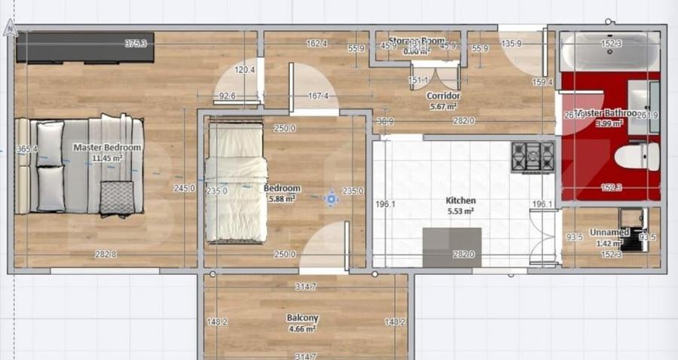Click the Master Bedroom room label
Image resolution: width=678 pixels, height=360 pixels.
pyautogui.click(x=106, y=148)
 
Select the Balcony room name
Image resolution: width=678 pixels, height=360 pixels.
pyautogui.click(x=301, y=318)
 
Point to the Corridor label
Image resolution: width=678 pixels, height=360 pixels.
pyautogui.click(x=443, y=96)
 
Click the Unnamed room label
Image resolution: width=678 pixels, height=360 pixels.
pyautogui.click(x=609, y=232)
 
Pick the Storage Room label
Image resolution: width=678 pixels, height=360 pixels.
pyautogui.click(x=417, y=41)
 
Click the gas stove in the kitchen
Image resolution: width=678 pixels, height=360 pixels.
pyautogui.click(x=532, y=157)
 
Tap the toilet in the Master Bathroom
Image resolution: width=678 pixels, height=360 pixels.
pyautogui.click(x=637, y=157)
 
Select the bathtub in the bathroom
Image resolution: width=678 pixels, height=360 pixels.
pyautogui.click(x=610, y=51)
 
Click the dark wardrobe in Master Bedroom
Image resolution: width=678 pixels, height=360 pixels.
pyautogui.click(x=85, y=47)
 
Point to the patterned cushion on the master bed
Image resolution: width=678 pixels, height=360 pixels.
pyautogui.click(x=117, y=197)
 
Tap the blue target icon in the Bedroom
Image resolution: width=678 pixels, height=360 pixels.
pyautogui.click(x=331, y=199)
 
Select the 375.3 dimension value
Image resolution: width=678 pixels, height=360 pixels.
pyautogui.click(x=136, y=44)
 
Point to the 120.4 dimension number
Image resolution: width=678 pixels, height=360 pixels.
pyautogui.click(x=245, y=70)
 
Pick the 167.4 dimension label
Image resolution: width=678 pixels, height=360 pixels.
pyautogui.click(x=317, y=96)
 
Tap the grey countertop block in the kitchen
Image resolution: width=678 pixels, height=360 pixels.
pyautogui.click(x=452, y=248)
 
